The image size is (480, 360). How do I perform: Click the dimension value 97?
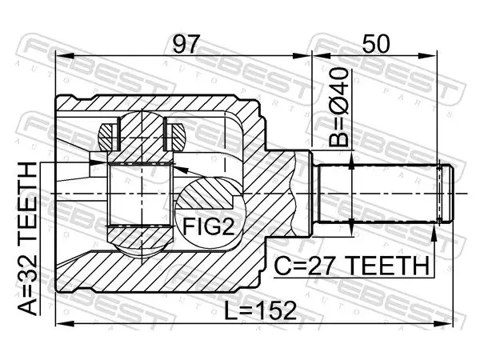pos(186,44)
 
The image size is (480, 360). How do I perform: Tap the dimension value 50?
pos(376,44)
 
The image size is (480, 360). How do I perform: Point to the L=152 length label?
pos(261,310)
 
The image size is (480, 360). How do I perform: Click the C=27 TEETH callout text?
pos(351,266)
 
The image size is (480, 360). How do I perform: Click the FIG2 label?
pos(208,226)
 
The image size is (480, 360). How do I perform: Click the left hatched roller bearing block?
pos(108,137)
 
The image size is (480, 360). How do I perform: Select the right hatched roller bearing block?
pos(175,137)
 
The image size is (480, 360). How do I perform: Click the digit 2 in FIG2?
pos(227,226)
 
